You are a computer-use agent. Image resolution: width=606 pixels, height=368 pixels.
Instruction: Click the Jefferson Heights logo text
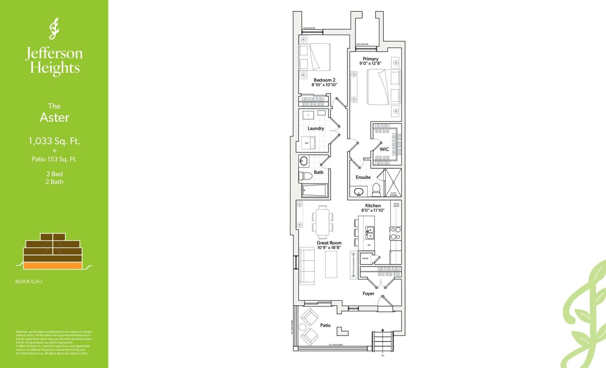coord(54,61)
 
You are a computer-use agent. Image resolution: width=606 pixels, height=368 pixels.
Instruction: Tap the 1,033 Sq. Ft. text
coord(54,141)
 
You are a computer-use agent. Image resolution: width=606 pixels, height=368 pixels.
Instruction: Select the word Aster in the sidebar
coord(54,117)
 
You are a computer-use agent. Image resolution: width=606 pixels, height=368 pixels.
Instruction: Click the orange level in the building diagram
coord(53,266)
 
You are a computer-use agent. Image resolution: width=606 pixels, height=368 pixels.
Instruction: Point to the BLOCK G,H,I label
coord(29,282)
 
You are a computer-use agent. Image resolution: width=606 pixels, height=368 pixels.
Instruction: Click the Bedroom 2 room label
coord(324,80)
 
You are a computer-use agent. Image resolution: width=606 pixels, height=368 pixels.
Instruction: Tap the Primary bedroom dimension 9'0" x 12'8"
coord(370,63)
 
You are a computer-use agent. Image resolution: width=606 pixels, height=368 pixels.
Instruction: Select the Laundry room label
coord(316,128)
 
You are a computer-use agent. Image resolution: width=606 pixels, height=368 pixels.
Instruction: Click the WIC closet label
coord(384,149)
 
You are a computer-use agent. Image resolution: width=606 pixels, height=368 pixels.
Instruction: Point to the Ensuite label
coord(363,177)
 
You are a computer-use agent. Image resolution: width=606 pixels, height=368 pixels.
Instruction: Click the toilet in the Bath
coord(305,176)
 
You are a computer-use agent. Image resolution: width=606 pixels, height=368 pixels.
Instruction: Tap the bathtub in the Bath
coord(315,191)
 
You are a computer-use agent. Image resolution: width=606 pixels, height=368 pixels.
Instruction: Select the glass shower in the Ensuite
coord(393,182)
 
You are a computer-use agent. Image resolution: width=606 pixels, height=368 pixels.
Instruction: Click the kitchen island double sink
coord(370,233)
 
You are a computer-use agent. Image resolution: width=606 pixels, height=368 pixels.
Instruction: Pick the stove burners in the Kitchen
coord(395,233)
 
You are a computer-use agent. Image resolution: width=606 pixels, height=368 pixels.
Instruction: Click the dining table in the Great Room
coord(322,222)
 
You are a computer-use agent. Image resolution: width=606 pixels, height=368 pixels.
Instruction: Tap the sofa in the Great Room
coord(307,266)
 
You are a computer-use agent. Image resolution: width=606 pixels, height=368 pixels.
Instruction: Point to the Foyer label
coord(368,293)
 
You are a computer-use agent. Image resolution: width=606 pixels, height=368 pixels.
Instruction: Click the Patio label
coord(325,325)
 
